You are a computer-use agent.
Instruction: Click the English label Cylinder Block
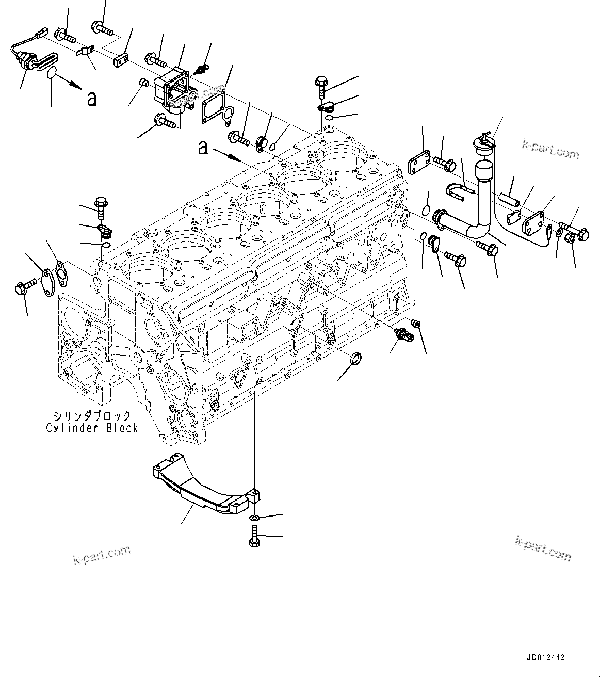click(x=92, y=428)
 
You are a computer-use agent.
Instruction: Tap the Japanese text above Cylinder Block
click(x=92, y=415)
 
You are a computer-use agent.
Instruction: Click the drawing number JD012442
click(x=545, y=658)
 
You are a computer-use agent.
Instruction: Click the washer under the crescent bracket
click(x=255, y=517)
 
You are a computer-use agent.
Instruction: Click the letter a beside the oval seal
click(x=92, y=99)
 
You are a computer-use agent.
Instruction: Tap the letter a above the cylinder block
click(x=204, y=148)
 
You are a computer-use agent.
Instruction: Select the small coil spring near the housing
click(x=204, y=68)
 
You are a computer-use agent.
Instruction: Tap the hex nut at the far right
click(x=572, y=238)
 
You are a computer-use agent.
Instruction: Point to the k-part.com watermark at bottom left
click(x=102, y=555)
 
